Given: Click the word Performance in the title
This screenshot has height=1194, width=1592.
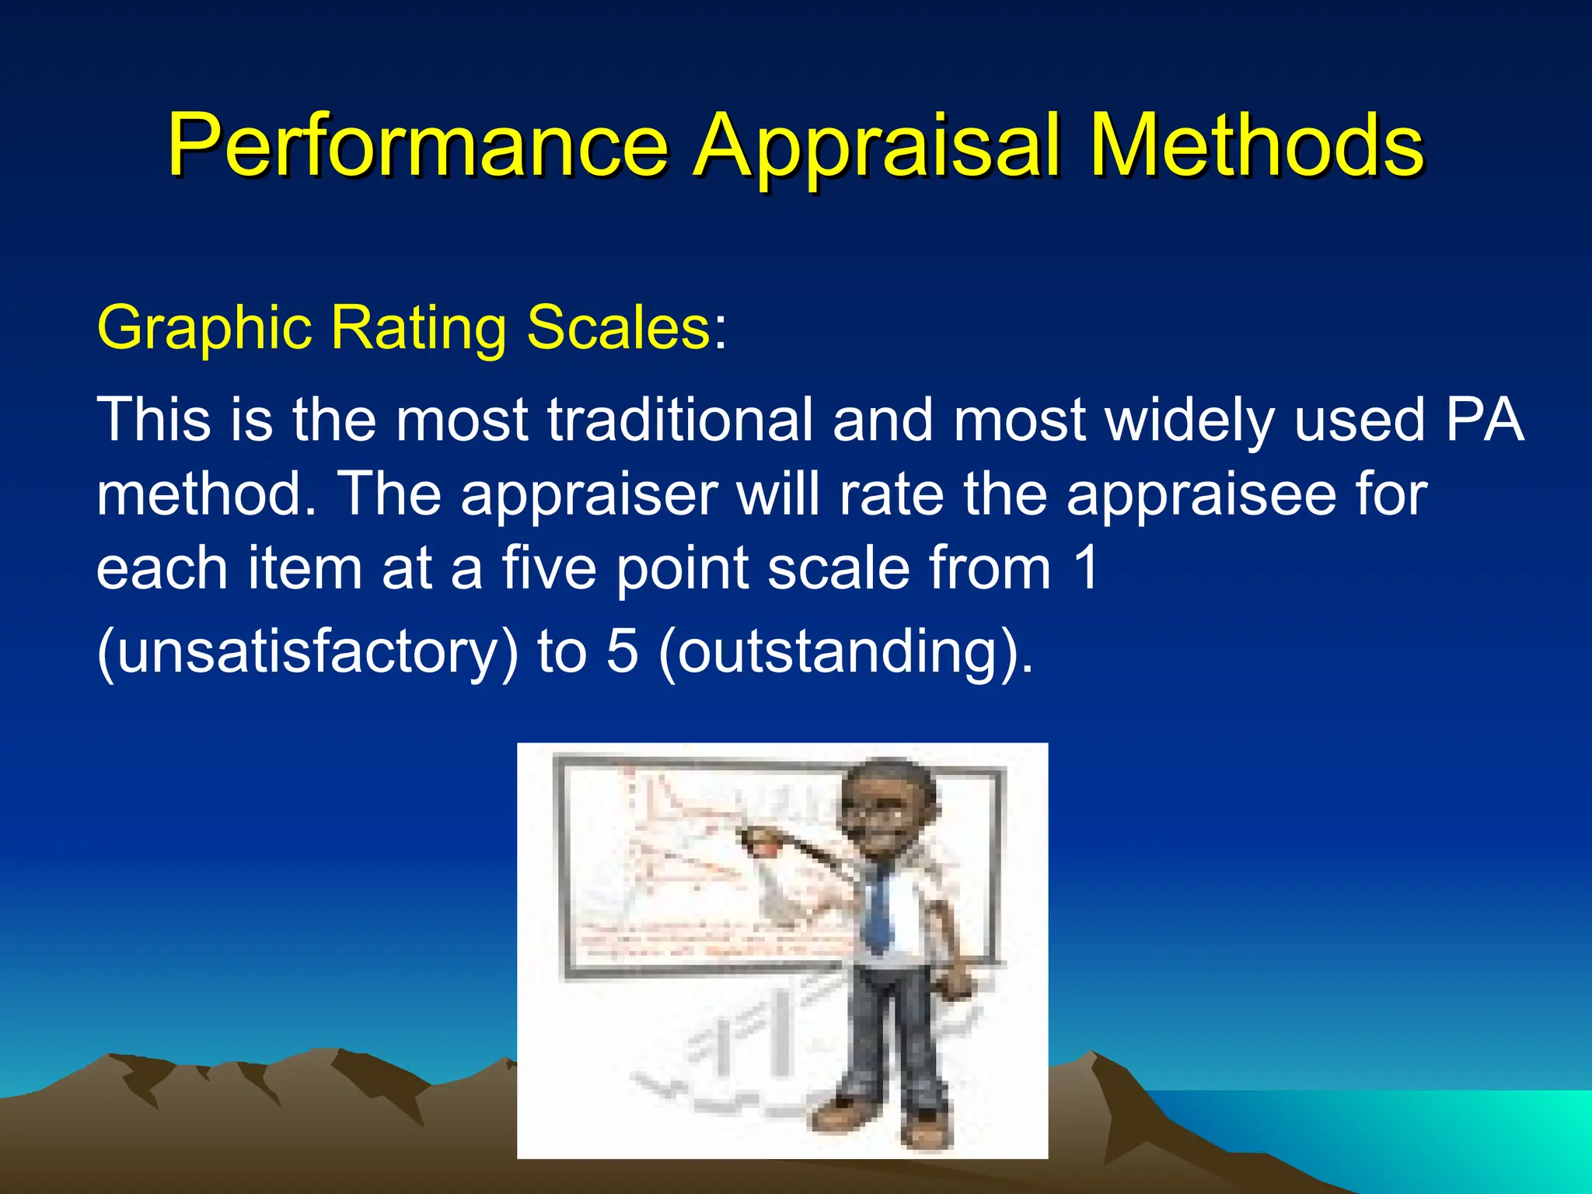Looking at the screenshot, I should pyautogui.click(x=417, y=146).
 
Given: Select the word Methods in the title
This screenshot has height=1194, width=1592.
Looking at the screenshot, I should pyautogui.click(x=1256, y=146).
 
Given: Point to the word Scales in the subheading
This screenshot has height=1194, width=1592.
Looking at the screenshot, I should pyautogui.click(x=618, y=327).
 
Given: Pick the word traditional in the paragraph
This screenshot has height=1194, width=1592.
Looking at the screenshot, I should pyautogui.click(x=680, y=421).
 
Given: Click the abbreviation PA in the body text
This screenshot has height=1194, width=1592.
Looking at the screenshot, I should pyautogui.click(x=1484, y=421).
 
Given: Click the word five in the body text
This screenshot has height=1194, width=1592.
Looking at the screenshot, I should pyautogui.click(x=549, y=568).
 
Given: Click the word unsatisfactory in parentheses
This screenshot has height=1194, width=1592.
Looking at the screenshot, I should pyautogui.click(x=307, y=651).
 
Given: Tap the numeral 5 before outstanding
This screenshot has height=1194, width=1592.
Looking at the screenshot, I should pyautogui.click(x=622, y=651).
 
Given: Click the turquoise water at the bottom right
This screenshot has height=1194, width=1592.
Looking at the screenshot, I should pyautogui.click(x=1438, y=1127).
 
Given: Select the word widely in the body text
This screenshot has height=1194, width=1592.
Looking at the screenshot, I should pyautogui.click(x=1190, y=421).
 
